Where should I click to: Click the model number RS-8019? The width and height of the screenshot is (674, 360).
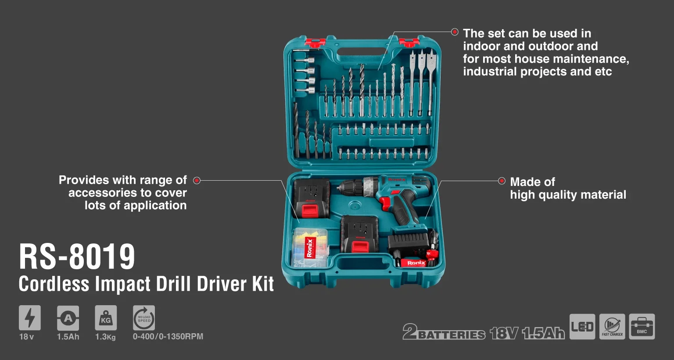[x=77, y=257]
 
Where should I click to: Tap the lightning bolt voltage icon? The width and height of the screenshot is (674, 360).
[x=29, y=317]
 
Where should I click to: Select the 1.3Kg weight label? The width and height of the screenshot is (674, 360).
[x=105, y=337]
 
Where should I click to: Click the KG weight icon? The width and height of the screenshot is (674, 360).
[x=106, y=317]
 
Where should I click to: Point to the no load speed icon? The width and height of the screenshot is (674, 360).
[x=144, y=317]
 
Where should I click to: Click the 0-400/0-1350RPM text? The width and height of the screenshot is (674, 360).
[x=168, y=337]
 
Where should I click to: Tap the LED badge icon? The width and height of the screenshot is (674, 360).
[x=582, y=327]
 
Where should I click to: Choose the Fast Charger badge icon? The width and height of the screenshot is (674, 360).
[x=612, y=327]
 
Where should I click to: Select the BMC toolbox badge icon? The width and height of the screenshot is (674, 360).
[x=642, y=327]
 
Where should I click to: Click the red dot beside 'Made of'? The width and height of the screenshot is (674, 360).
[x=502, y=181]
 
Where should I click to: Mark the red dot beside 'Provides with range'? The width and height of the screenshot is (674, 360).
[x=197, y=180]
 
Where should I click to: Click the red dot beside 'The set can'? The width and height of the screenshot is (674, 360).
[x=455, y=32]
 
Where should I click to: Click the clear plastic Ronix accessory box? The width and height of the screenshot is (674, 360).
[x=310, y=248]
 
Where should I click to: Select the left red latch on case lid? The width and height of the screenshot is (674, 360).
[x=315, y=43]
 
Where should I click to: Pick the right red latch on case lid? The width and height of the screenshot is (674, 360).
[x=409, y=42]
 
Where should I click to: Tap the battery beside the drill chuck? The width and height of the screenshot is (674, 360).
[x=311, y=198]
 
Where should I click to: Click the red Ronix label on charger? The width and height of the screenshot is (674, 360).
[x=416, y=263]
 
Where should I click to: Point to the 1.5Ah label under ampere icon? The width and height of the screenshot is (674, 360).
[x=68, y=337]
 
